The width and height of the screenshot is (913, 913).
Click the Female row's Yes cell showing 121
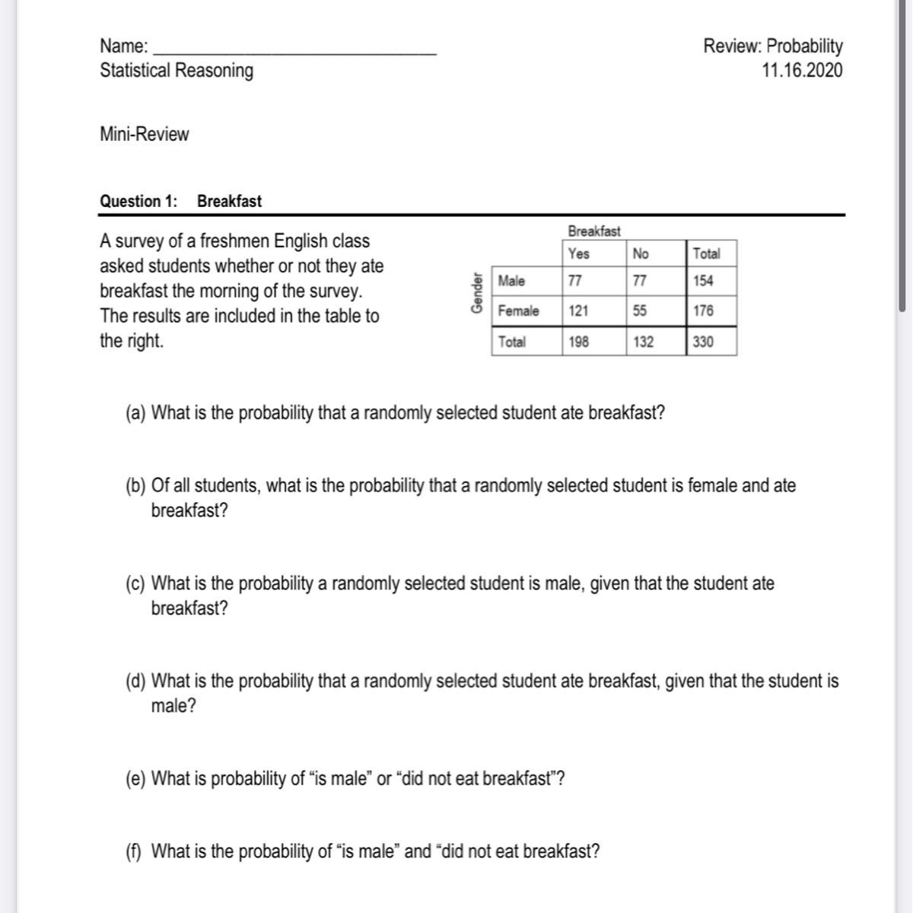coord(578,311)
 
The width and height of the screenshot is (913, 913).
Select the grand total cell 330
coord(704,342)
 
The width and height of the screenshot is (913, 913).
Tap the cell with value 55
coord(641,311)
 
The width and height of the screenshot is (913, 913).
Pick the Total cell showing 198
coord(578,342)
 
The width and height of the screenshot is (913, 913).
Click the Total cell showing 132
coord(643,342)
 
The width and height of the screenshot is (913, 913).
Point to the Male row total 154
coord(704,281)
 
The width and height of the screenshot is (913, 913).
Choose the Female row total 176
coord(704,311)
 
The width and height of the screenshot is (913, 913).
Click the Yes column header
coord(579,253)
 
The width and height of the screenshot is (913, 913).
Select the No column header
coord(641,253)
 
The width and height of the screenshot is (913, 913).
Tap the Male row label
coord(511,281)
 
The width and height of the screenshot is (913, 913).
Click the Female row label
coord(518,311)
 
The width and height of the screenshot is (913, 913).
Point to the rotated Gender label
coord(477,293)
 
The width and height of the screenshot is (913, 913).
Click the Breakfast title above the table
coord(594,231)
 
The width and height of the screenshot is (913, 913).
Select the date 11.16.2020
coord(802,71)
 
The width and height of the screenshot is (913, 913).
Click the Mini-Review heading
coord(145,135)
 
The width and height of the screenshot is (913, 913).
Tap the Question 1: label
coord(138,202)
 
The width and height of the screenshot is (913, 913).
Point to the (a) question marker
coord(136,413)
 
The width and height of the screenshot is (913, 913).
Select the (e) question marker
coord(136,779)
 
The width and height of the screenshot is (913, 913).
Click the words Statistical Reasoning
coord(177,71)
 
